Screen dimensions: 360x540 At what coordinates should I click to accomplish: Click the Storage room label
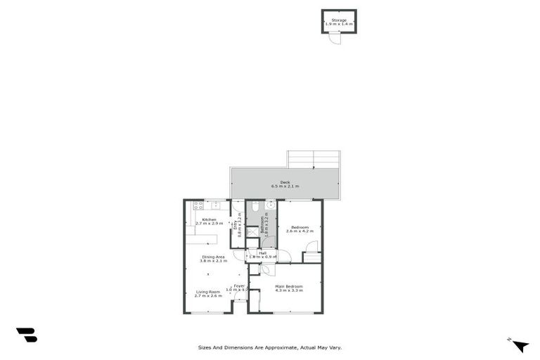(x=340, y=20)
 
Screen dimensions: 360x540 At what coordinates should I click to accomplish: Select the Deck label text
(x=285, y=182)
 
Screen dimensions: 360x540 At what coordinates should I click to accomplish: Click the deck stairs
(x=314, y=160)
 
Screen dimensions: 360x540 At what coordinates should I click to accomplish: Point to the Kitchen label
(x=209, y=219)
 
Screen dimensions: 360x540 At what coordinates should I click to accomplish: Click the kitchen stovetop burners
(x=198, y=205)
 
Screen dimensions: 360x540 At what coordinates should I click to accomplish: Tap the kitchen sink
(x=217, y=205)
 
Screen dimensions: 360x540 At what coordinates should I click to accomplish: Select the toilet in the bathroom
(x=255, y=205)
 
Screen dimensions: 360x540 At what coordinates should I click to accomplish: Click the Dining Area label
(x=213, y=257)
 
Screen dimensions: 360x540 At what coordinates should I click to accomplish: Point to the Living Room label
(x=207, y=291)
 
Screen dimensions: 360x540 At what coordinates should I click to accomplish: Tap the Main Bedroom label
(x=289, y=286)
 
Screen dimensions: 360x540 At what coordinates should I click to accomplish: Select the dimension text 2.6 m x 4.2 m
(x=300, y=231)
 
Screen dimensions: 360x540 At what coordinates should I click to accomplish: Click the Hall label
(x=262, y=253)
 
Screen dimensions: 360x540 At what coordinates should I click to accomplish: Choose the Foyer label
(x=239, y=285)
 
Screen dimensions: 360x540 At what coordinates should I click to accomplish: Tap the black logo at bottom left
(x=26, y=335)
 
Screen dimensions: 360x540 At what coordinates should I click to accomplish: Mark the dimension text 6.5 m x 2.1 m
(x=285, y=186)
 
